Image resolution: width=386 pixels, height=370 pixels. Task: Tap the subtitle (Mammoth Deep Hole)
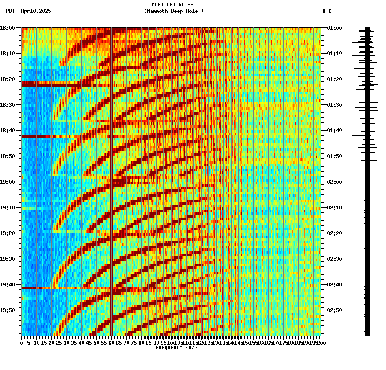point(174,11)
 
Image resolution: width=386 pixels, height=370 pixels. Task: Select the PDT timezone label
point(10,11)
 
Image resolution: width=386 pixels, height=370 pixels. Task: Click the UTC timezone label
point(327,11)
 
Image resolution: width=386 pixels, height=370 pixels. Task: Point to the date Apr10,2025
point(36,11)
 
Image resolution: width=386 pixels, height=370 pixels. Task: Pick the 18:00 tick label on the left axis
point(8,28)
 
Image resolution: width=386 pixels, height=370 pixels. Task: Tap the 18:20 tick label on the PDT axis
point(8,79)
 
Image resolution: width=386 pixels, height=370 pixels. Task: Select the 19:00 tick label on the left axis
point(8,182)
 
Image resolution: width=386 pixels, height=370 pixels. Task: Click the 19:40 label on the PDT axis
point(8,285)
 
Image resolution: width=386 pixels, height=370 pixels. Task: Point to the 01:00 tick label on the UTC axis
point(334,28)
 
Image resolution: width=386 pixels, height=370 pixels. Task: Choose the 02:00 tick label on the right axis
point(334,182)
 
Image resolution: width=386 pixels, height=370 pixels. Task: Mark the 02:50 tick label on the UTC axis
point(334,310)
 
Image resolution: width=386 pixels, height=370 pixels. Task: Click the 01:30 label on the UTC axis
point(334,105)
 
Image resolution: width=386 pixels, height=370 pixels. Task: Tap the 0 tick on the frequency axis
point(22,343)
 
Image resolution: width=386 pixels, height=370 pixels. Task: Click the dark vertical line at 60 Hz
point(111,171)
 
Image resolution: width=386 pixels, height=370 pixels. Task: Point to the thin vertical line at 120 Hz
point(201,171)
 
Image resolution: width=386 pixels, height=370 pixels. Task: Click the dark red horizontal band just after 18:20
point(47,84)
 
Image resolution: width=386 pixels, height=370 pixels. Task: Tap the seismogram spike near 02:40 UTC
point(362,289)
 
